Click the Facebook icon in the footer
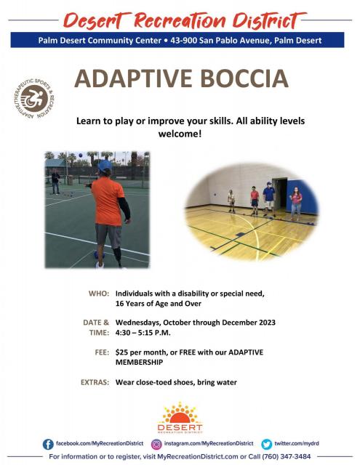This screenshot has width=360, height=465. point(48,444)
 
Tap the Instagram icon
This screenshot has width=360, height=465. point(156,444)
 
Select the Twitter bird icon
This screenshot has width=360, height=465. point(266,444)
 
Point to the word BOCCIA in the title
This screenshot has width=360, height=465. point(244,78)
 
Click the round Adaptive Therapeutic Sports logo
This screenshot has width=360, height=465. point(34,99)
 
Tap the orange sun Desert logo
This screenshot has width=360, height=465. point(180,418)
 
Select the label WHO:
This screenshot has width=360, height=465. point(99,294)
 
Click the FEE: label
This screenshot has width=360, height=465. point(102,352)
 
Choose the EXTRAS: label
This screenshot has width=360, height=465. point(95,382)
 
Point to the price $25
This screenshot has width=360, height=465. point(121,352)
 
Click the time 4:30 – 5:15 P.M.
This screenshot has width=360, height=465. point(143,333)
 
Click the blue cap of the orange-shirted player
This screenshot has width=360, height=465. point(105,166)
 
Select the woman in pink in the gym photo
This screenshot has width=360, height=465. point(296,203)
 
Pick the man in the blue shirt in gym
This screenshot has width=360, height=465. point(269,198)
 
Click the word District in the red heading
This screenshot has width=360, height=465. point(267,21)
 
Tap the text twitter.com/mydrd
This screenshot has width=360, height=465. point(297,444)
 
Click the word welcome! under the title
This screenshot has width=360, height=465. point(180,134)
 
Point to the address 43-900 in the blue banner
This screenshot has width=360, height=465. point(183,41)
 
